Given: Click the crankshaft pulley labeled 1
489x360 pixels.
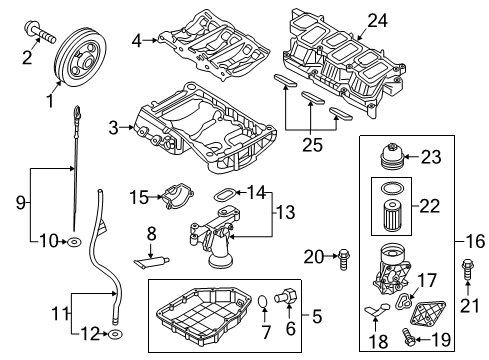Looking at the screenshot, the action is click(80, 57).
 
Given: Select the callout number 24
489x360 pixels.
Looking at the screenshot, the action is click(377, 21).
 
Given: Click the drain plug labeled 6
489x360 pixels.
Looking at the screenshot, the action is click(286, 295).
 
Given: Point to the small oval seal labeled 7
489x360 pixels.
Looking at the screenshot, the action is click(263, 301).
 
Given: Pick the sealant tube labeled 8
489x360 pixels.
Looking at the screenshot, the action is click(152, 262).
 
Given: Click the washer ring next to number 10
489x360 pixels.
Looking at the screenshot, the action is click(74, 241).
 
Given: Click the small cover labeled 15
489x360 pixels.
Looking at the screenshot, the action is click(177, 196).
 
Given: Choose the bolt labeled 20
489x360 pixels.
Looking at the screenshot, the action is click(343, 260).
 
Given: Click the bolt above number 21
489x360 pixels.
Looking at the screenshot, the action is click(467, 270).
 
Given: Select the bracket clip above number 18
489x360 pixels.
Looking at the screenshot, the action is click(377, 309).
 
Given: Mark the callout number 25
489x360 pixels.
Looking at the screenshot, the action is click(312, 145).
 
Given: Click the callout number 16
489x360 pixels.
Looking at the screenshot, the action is click(475, 241).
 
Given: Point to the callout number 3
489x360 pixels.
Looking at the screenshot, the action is click(114, 128).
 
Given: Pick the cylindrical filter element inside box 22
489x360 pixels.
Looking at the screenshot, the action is click(392, 216).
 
